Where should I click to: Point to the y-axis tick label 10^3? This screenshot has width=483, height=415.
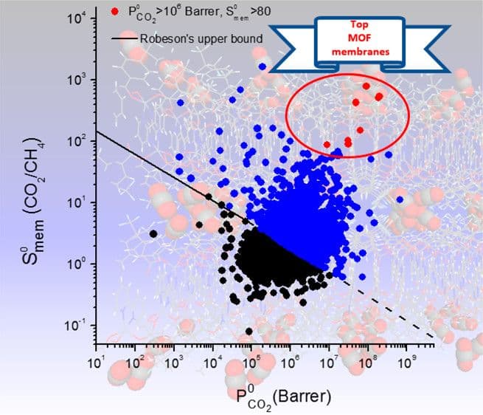[80, 79]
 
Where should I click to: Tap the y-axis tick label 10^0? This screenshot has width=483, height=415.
[80, 264]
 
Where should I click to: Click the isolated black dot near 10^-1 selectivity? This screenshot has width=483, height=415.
[249, 331]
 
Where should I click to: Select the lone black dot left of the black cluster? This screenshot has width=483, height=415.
[153, 233]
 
